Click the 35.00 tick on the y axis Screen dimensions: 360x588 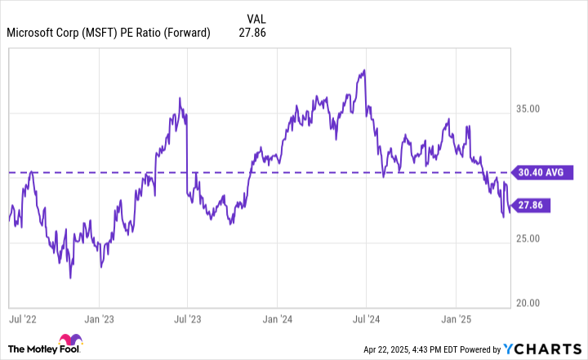pos(529,109)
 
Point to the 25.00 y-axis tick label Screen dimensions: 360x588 pos(529,238)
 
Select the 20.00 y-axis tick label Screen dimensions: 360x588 pos(529,303)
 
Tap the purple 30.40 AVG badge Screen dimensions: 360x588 pos(541,172)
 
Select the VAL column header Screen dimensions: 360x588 pos(256,17)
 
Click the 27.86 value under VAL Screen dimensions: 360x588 pos(252,33)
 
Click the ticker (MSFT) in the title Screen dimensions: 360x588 pos(105,33)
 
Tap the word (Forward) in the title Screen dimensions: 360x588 pos(186,33)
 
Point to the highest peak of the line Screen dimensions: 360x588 pos(363,70)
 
